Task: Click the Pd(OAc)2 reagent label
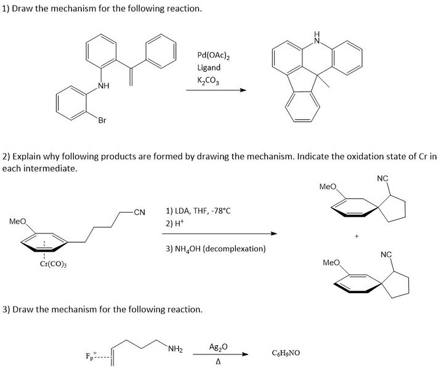tap(214, 55)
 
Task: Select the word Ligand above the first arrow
tap(209, 68)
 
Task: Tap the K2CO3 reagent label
tap(208, 80)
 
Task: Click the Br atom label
tap(102, 120)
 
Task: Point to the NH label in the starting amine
tap(103, 86)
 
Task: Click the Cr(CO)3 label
tap(53, 264)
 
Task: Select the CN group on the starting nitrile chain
tap(139, 213)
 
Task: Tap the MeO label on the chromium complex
tap(18, 222)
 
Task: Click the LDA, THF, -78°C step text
tap(198, 211)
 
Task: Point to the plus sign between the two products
tap(356, 236)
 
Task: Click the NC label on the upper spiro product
tap(383, 178)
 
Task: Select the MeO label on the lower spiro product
tap(331, 263)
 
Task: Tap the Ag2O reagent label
tap(219, 347)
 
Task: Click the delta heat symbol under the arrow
tap(219, 362)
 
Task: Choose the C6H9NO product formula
tap(286, 353)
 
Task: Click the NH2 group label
tap(175, 349)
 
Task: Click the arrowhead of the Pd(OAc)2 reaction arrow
tap(243, 90)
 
